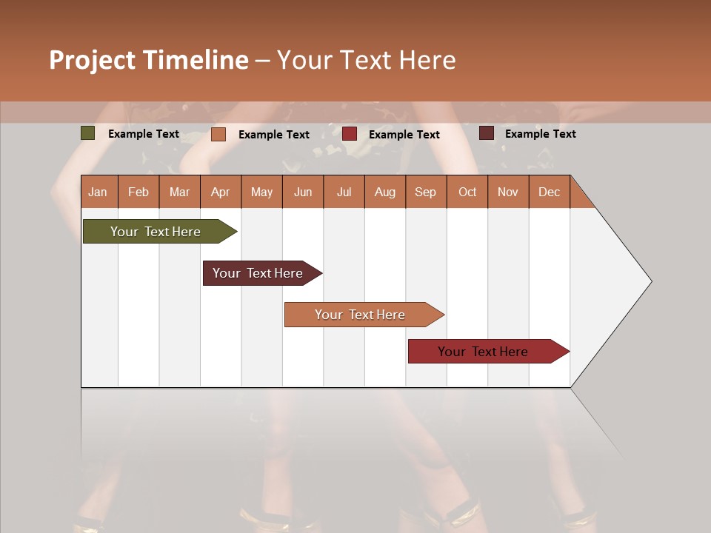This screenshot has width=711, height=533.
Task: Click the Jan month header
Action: click(99, 192)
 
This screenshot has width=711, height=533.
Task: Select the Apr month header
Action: click(221, 192)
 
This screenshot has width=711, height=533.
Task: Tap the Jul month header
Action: click(344, 192)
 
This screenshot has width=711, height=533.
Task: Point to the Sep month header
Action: click(426, 192)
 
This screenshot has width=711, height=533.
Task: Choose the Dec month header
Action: click(550, 192)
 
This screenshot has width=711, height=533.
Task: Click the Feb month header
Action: click(138, 192)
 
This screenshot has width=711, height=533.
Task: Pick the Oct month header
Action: click(467, 192)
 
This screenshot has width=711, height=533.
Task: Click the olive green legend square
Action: click(88, 133)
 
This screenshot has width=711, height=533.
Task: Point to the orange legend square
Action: click(218, 134)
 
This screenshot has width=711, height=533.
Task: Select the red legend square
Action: click(350, 134)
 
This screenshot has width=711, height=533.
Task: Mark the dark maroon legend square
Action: click(487, 133)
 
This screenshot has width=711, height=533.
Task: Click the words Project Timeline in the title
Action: click(149, 60)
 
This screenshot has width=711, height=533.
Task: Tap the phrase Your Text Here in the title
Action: click(367, 60)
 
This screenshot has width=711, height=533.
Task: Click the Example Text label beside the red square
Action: click(404, 134)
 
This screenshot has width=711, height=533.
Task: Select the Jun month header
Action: click(303, 192)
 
